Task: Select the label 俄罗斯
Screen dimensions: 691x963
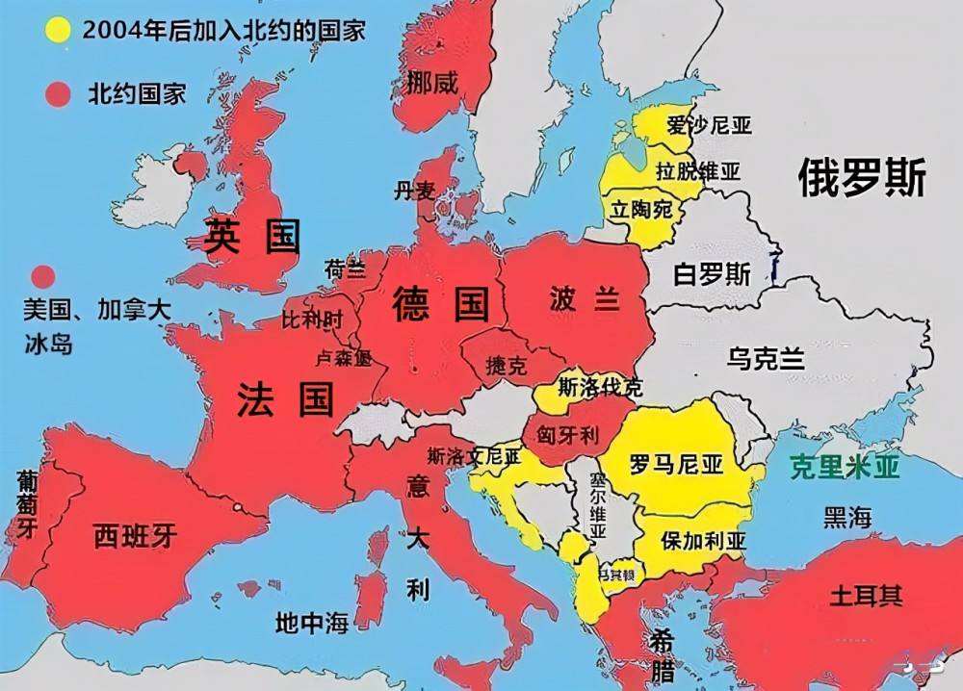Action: [x=862, y=178]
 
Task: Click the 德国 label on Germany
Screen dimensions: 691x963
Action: [x=440, y=304]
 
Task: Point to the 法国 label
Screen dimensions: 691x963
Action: [x=285, y=398]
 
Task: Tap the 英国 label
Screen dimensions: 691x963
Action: [x=252, y=236]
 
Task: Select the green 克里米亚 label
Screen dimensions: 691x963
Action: [x=845, y=468]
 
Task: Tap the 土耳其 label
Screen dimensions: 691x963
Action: [x=867, y=594]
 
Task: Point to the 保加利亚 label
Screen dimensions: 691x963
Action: [x=703, y=541]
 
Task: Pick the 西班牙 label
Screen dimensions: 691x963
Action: [x=136, y=536]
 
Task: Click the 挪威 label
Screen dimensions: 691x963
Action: [x=432, y=84]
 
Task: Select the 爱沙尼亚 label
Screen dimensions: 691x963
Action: [x=710, y=125]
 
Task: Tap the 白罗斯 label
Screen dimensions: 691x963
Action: [x=713, y=274]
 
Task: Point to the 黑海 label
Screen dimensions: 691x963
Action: [x=847, y=518]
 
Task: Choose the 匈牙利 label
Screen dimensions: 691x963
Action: [x=567, y=435]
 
